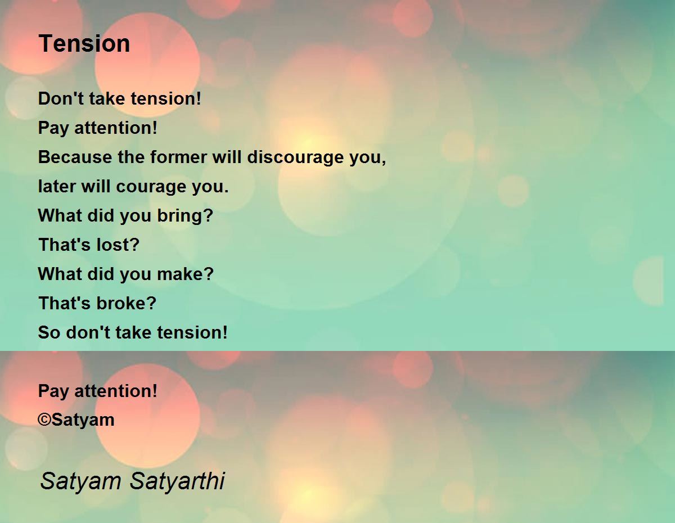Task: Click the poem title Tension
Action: (x=84, y=43)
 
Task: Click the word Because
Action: (x=75, y=157)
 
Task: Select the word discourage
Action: (x=295, y=157)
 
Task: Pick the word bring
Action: (x=178, y=216)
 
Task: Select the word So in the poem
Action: (x=49, y=332)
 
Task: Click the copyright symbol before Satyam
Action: (x=44, y=420)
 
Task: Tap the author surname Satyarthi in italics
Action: (x=177, y=481)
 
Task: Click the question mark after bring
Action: (x=207, y=215)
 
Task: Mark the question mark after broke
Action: (x=151, y=303)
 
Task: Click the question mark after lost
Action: (x=134, y=245)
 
